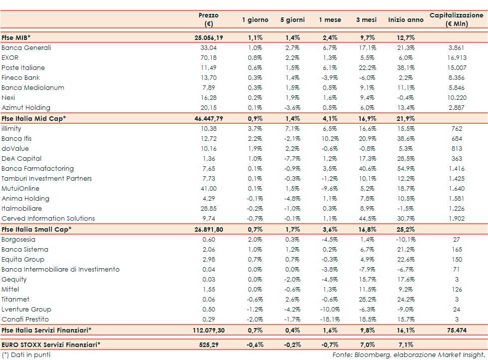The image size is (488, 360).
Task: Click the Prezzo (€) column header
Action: (209, 19)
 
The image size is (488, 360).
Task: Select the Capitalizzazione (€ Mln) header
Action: (457, 19)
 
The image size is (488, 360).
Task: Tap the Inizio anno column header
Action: (406, 20)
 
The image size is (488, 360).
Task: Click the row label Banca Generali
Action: (26, 48)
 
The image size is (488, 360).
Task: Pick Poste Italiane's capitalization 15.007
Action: (457, 68)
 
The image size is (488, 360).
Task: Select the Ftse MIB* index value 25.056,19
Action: (209, 37)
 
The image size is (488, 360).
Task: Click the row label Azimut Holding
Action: (26, 108)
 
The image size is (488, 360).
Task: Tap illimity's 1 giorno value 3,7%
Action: (255, 129)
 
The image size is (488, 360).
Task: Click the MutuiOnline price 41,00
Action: (209, 189)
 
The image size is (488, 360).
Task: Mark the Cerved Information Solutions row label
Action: (48, 219)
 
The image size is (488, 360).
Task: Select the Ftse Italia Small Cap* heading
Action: (36, 229)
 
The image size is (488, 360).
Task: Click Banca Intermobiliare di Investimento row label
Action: (60, 270)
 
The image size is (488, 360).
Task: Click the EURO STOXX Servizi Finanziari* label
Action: (51, 345)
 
